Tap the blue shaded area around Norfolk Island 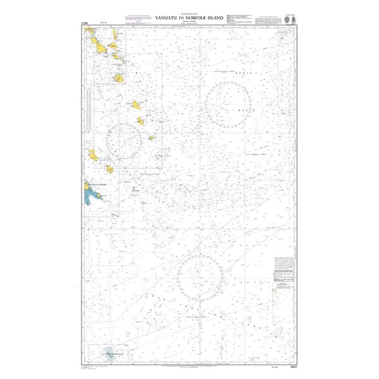click(111, 352)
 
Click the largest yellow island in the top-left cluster click(99, 44)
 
